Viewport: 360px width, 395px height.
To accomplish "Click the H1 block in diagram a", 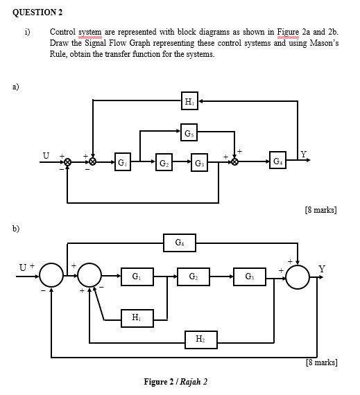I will pos(189,102).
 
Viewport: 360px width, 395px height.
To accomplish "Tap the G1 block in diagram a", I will pos(122,163).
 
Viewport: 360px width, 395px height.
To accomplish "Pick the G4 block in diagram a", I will pos(277,162).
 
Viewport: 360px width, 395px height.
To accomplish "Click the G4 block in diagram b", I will pos(180,243).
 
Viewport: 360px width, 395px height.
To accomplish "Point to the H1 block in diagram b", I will pos(135,317).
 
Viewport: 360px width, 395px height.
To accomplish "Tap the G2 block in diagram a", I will pos(163,163).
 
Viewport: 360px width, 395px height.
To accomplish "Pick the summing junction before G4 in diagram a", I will pos(234,162).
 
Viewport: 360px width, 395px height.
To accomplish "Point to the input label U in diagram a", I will pos(46,155).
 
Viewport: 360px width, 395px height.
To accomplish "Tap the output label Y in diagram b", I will pos(321,269).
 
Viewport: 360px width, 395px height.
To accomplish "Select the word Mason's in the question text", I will pos(317,43).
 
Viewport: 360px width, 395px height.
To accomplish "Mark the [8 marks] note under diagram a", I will pos(320,209).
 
